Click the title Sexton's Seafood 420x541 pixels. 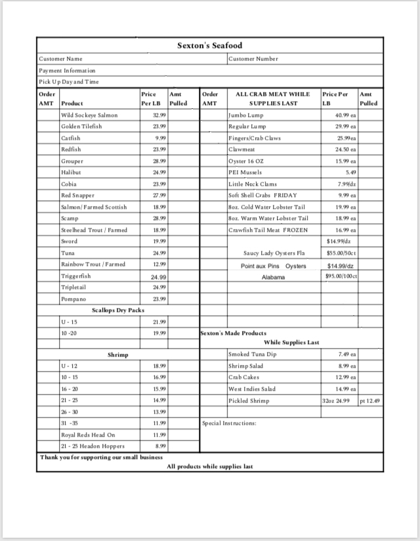[209, 45]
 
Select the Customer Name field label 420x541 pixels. [60, 59]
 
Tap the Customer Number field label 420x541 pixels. [253, 59]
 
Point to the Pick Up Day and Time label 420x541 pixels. [69, 81]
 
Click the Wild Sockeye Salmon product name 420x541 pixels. [89, 115]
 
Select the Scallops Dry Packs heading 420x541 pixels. [118, 310]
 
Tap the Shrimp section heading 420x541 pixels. [118, 355]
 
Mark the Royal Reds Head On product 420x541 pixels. [88, 435]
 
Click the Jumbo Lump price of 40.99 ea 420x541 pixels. [345, 115]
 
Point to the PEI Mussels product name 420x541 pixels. [245, 172]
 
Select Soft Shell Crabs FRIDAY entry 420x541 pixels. [262, 195]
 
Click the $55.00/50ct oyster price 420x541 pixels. [341, 253]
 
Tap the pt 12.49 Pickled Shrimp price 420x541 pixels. [370, 400]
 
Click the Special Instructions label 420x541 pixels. [229, 423]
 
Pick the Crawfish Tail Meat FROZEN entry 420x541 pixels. [268, 230]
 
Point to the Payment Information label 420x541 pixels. [67, 70]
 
